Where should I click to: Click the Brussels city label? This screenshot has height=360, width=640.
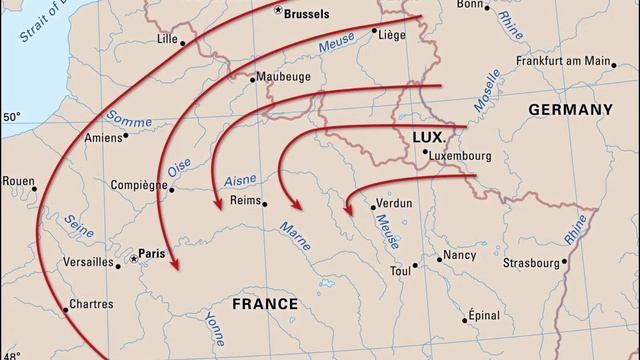pos(313,15)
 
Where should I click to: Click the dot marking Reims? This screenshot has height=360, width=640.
pos(265,203)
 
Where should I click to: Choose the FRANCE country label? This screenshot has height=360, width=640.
pos(264,303)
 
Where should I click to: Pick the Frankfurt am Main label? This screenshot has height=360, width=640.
pos(563,61)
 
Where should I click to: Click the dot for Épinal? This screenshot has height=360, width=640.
pos(466,320)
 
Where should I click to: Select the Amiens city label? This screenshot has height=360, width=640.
pos(102,138)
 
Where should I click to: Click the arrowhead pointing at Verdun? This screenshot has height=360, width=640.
pos(347,210)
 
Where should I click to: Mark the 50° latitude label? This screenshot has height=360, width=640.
pos(11,118)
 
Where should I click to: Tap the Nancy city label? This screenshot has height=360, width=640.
pos(459,255)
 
